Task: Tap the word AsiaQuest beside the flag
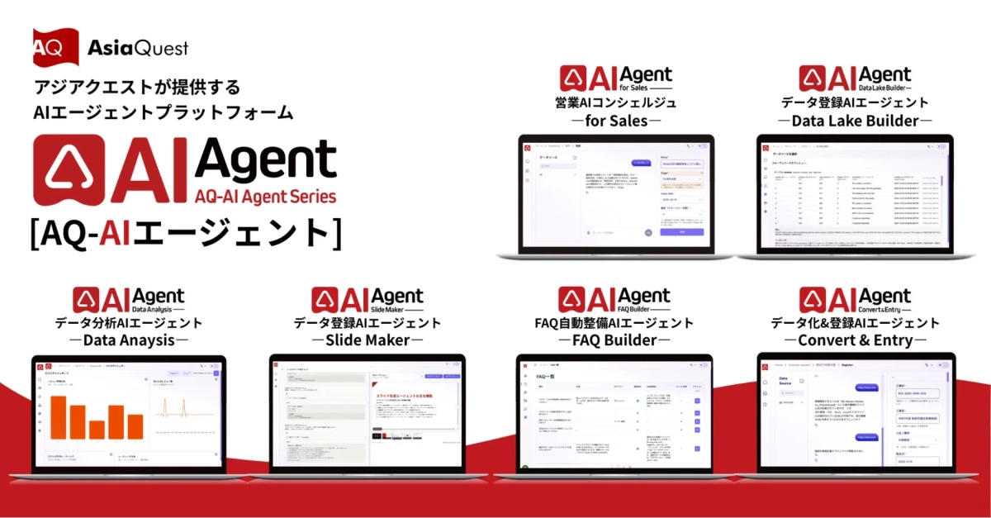pos(138,48)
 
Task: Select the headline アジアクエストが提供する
pos(137,87)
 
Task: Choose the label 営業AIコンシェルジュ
pos(616,103)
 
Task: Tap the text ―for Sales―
pos(616,121)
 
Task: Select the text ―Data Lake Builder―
pos(855,121)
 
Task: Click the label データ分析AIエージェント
pos(129,323)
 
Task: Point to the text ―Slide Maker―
pos(368,340)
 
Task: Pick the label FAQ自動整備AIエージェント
pos(614,323)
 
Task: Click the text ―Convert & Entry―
pos(855,340)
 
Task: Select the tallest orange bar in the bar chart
pos(57,416)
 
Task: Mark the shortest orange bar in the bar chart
pos(97,430)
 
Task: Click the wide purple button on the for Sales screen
pos(681,232)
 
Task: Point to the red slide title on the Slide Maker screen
pos(413,397)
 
